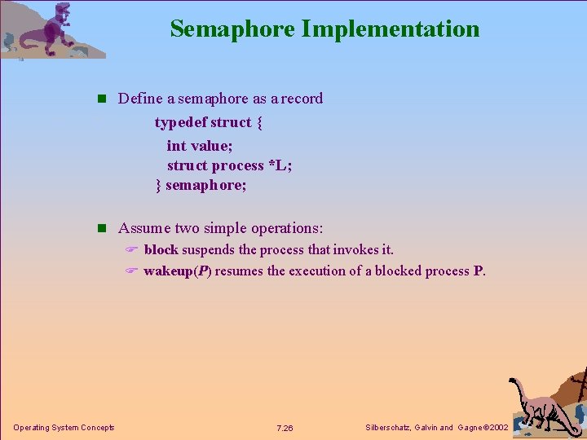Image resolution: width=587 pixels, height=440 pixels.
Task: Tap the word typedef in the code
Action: (x=180, y=122)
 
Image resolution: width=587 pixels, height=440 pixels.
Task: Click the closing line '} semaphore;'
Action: (x=201, y=186)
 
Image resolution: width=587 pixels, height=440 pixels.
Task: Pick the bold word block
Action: (x=161, y=249)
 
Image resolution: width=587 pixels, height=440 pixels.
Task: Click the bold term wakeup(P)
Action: (x=178, y=271)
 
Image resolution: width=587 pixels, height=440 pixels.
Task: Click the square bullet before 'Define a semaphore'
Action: (x=102, y=99)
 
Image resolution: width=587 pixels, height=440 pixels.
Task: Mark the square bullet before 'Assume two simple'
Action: (x=102, y=229)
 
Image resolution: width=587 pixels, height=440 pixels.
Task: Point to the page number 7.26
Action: (x=285, y=428)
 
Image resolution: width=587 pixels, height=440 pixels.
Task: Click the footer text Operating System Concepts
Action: (x=64, y=428)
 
